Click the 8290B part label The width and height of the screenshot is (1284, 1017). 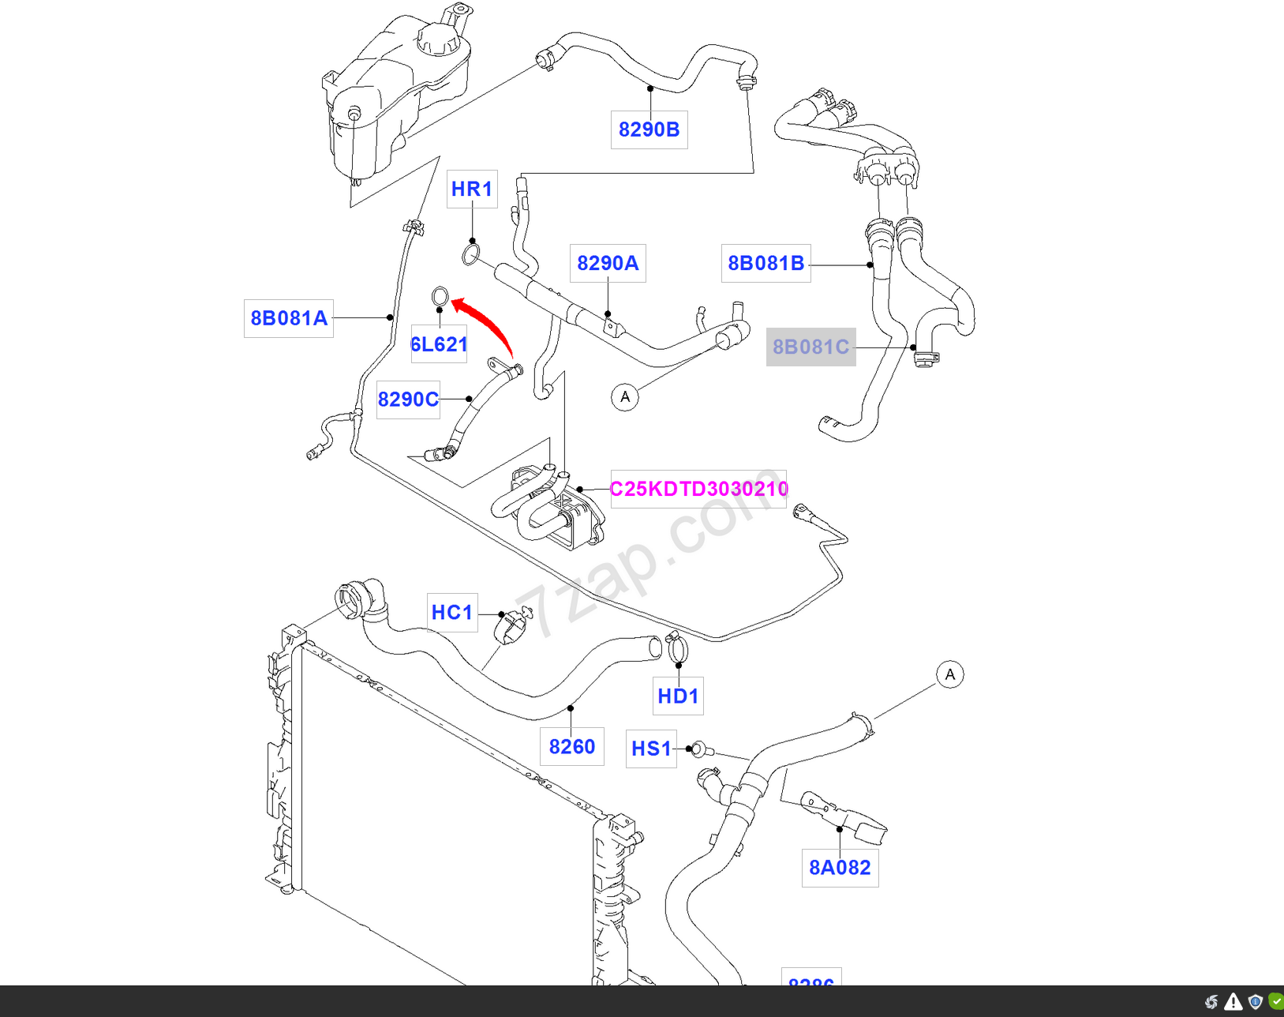tap(649, 129)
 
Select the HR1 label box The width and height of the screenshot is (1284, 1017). tap(472, 190)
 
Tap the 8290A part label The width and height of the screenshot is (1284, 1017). tap(608, 263)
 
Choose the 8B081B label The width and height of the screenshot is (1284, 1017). tap(766, 263)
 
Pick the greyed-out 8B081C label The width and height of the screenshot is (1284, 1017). tap(810, 347)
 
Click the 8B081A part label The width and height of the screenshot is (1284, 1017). tap(289, 318)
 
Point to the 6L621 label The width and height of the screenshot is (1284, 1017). tap(439, 344)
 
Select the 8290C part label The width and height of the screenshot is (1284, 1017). tap(408, 400)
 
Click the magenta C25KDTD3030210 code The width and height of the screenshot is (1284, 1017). tap(698, 489)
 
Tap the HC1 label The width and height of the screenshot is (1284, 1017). tap(452, 613)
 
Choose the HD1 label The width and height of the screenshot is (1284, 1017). tap(678, 696)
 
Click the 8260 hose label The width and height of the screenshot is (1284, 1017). tap(572, 747)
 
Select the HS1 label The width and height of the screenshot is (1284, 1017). tap(651, 749)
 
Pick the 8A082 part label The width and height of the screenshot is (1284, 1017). tap(840, 868)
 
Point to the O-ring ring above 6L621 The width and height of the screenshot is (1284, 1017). tap(440, 297)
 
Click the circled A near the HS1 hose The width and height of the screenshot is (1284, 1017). tap(950, 674)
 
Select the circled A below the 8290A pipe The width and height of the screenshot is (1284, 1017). tap(625, 396)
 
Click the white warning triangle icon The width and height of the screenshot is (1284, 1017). tap(1233, 1003)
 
